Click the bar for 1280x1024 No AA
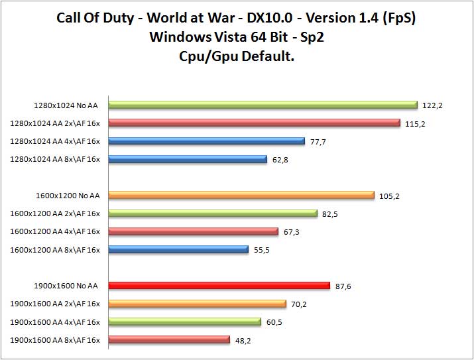[263, 105]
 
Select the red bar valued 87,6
[219, 286]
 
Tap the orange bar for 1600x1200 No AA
[241, 196]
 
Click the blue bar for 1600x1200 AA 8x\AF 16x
[178, 249]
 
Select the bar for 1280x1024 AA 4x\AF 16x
[206, 141]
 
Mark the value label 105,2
[390, 196]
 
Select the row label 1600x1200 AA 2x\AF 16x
[55, 213]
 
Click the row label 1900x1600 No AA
[66, 286]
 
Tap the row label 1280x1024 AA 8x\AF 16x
[55, 159]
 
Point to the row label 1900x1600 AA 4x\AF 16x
[55, 322]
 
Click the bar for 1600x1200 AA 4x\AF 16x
[193, 231]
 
